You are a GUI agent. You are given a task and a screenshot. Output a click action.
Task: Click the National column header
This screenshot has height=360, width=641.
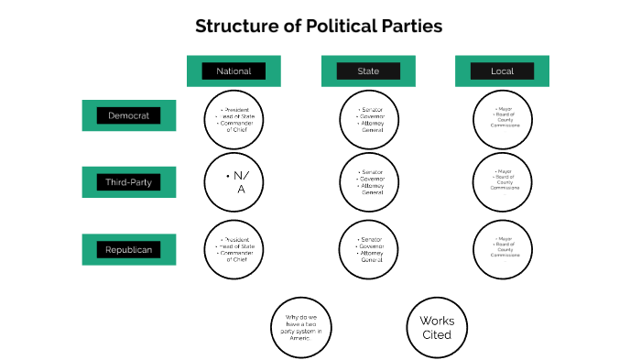click(x=234, y=71)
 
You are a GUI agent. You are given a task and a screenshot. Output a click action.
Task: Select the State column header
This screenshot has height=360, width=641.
click(x=368, y=71)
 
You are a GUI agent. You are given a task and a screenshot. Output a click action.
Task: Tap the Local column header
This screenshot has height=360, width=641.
click(x=502, y=71)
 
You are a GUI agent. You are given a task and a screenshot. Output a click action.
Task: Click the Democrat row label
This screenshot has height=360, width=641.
click(x=128, y=115)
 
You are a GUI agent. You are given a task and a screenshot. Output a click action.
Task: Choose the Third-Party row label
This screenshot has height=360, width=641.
click(x=128, y=182)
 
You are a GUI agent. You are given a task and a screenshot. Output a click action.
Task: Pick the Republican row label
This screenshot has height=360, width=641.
click(x=128, y=249)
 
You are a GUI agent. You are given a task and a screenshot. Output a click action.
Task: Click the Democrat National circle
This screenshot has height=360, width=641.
click(x=234, y=119)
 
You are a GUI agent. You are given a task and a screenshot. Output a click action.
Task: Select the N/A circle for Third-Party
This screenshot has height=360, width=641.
click(x=234, y=182)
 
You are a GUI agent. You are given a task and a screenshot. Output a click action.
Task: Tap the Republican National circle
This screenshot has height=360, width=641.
click(x=234, y=249)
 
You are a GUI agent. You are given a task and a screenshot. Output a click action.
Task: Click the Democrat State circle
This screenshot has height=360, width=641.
click(x=368, y=119)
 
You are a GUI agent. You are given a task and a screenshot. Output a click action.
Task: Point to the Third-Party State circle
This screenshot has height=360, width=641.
click(x=368, y=182)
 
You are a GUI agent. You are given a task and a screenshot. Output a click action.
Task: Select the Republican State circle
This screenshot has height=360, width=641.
click(x=368, y=249)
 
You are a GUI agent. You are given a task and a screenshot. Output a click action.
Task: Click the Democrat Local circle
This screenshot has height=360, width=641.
click(x=502, y=119)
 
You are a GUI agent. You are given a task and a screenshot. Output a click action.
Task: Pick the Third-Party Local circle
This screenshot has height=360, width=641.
click(x=502, y=182)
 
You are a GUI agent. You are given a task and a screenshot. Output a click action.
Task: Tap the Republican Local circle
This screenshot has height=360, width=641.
click(x=502, y=249)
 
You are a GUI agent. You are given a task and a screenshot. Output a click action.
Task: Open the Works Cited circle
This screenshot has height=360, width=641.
click(x=436, y=327)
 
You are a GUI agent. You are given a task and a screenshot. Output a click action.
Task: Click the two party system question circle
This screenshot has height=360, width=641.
click(x=300, y=327)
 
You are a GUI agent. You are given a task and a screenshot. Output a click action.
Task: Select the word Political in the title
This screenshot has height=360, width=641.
click(x=335, y=26)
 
